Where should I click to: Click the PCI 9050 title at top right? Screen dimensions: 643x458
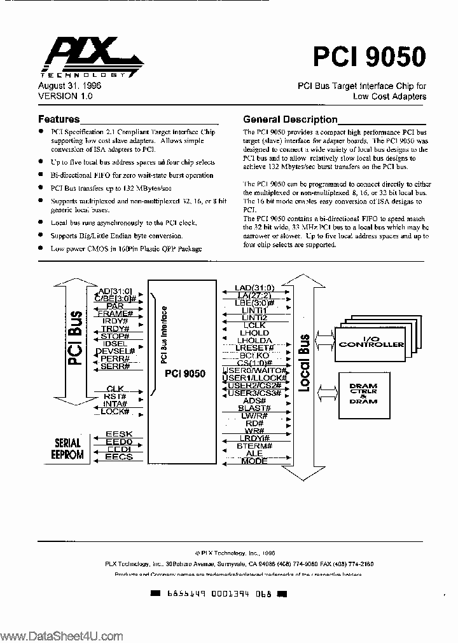tap(369, 58)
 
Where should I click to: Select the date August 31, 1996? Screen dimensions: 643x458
tap(69, 86)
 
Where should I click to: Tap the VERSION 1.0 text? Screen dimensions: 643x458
tap(66, 96)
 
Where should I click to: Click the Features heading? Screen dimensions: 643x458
tap(59, 119)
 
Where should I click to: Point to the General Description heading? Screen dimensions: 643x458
tap(290, 119)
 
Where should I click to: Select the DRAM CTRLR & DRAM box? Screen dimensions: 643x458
tap(363, 393)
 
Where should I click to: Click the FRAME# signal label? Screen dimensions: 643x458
tap(116, 313)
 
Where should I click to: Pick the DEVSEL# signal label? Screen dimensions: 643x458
tap(115, 351)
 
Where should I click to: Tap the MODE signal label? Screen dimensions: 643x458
tap(254, 461)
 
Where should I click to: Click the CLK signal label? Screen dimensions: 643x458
tap(115, 388)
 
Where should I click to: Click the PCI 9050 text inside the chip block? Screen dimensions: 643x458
tap(185, 374)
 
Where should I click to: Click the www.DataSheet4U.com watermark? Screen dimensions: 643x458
tap(61, 635)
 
